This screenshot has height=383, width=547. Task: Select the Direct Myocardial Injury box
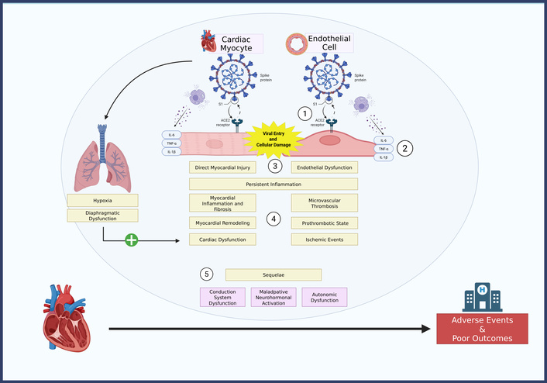coord(222,167)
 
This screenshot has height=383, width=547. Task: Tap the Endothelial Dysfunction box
coord(324,167)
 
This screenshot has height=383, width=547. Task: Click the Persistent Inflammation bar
coord(273,184)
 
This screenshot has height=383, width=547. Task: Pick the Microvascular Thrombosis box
coord(324,203)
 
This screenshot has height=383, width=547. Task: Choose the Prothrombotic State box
coord(324,223)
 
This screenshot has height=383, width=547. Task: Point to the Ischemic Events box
coord(324,240)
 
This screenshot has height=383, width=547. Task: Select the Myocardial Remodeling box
coord(222,223)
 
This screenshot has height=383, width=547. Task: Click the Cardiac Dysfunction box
coord(222,240)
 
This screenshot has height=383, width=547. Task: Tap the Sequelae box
coord(273,274)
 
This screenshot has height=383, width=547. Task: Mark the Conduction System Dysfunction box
coord(222,296)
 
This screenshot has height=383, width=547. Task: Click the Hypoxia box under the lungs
coord(101,201)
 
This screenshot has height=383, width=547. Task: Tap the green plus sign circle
coord(132,240)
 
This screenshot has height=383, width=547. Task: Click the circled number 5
coord(206,274)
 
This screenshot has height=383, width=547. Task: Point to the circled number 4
coord(273,219)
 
